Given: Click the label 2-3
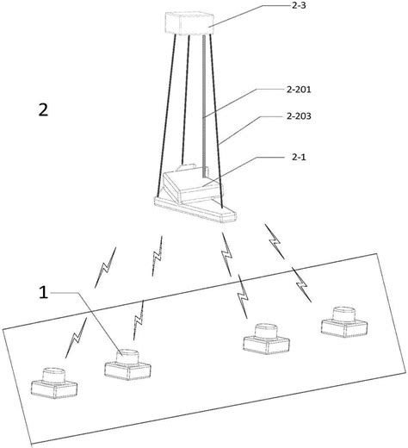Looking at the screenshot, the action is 299,5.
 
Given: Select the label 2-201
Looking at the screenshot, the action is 299,90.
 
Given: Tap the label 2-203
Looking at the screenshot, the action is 299,116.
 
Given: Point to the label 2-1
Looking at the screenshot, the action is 299,157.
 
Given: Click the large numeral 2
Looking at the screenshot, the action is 43,110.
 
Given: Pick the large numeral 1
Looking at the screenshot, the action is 44,293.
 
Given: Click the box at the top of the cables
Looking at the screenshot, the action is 189,23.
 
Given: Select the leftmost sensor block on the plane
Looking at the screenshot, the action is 54,383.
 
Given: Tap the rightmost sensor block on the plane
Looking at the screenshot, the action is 344,322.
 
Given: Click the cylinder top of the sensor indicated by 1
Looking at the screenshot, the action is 127,352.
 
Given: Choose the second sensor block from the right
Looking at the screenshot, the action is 267,339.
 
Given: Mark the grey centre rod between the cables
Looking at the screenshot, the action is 204,106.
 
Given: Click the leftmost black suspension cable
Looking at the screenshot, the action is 166,115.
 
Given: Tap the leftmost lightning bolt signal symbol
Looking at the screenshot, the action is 76,338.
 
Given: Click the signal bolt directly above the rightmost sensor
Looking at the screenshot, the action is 301,284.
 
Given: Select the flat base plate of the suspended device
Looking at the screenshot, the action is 195,209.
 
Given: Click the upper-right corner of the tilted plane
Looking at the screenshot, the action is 376,253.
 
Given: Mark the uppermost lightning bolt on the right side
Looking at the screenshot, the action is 275,241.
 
